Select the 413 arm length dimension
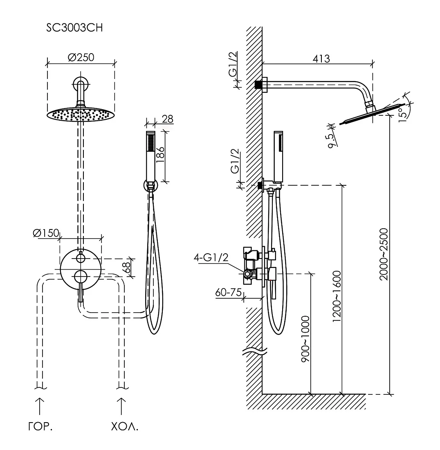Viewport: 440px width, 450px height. (321, 58)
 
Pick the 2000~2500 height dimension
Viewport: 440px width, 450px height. (384, 254)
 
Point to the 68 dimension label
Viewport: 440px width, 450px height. (127, 268)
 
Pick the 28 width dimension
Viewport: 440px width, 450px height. (167, 119)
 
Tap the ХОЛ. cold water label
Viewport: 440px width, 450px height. (124, 428)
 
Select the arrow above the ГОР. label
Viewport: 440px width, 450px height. (39, 406)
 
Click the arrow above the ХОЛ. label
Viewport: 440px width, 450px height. (121, 406)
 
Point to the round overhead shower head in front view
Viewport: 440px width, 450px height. (81, 115)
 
